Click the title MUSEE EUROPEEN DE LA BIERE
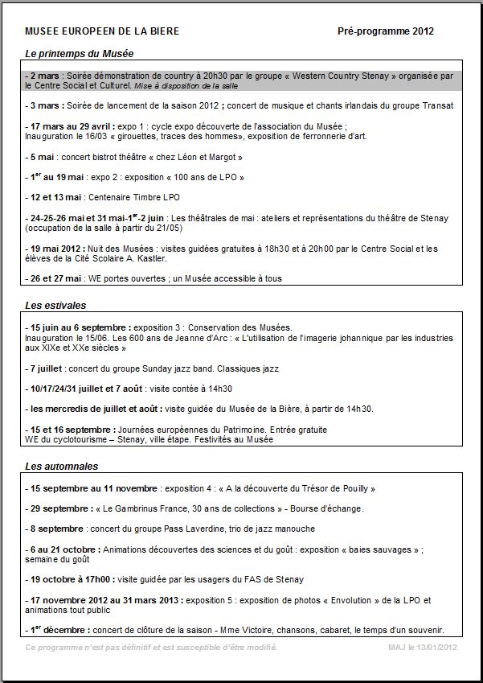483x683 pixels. [x=102, y=31]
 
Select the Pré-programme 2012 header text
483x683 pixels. [x=386, y=31]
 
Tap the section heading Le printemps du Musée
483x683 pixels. [x=79, y=53]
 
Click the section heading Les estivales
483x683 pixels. [x=55, y=306]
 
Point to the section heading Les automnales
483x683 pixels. [x=61, y=467]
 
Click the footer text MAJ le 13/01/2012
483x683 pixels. [x=422, y=647]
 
